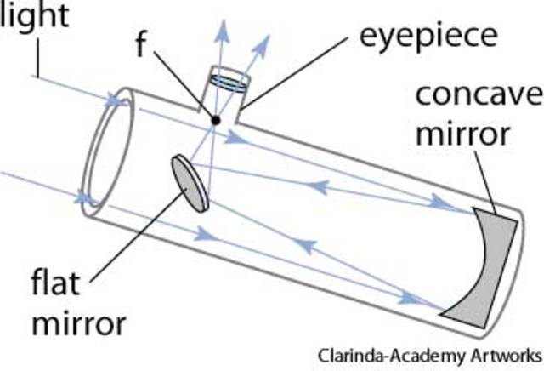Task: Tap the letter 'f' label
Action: (x=144, y=43)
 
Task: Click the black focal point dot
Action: (x=216, y=119)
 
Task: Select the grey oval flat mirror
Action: (x=191, y=181)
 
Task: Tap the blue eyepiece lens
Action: (x=228, y=81)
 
